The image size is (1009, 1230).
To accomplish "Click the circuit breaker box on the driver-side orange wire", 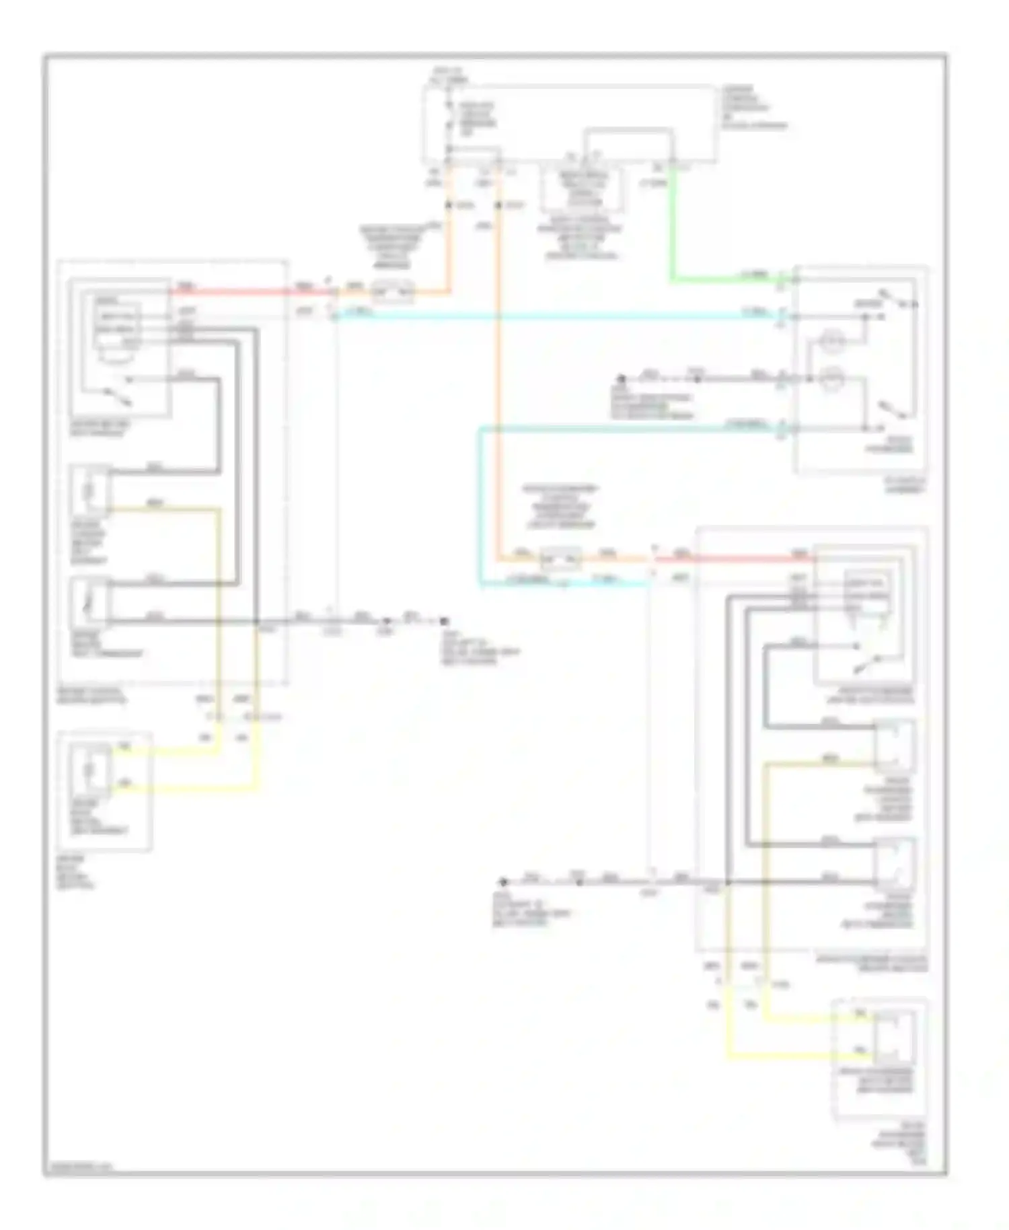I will [394, 293].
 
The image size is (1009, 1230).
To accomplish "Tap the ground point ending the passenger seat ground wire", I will [502, 881].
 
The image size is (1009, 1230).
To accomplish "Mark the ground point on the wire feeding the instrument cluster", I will [622, 379].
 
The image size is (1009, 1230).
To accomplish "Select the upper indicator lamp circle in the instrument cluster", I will [833, 345].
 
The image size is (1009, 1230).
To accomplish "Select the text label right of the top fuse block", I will [753, 108].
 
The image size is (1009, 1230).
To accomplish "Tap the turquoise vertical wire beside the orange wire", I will [480, 505].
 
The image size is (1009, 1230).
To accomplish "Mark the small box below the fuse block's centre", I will [583, 189].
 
